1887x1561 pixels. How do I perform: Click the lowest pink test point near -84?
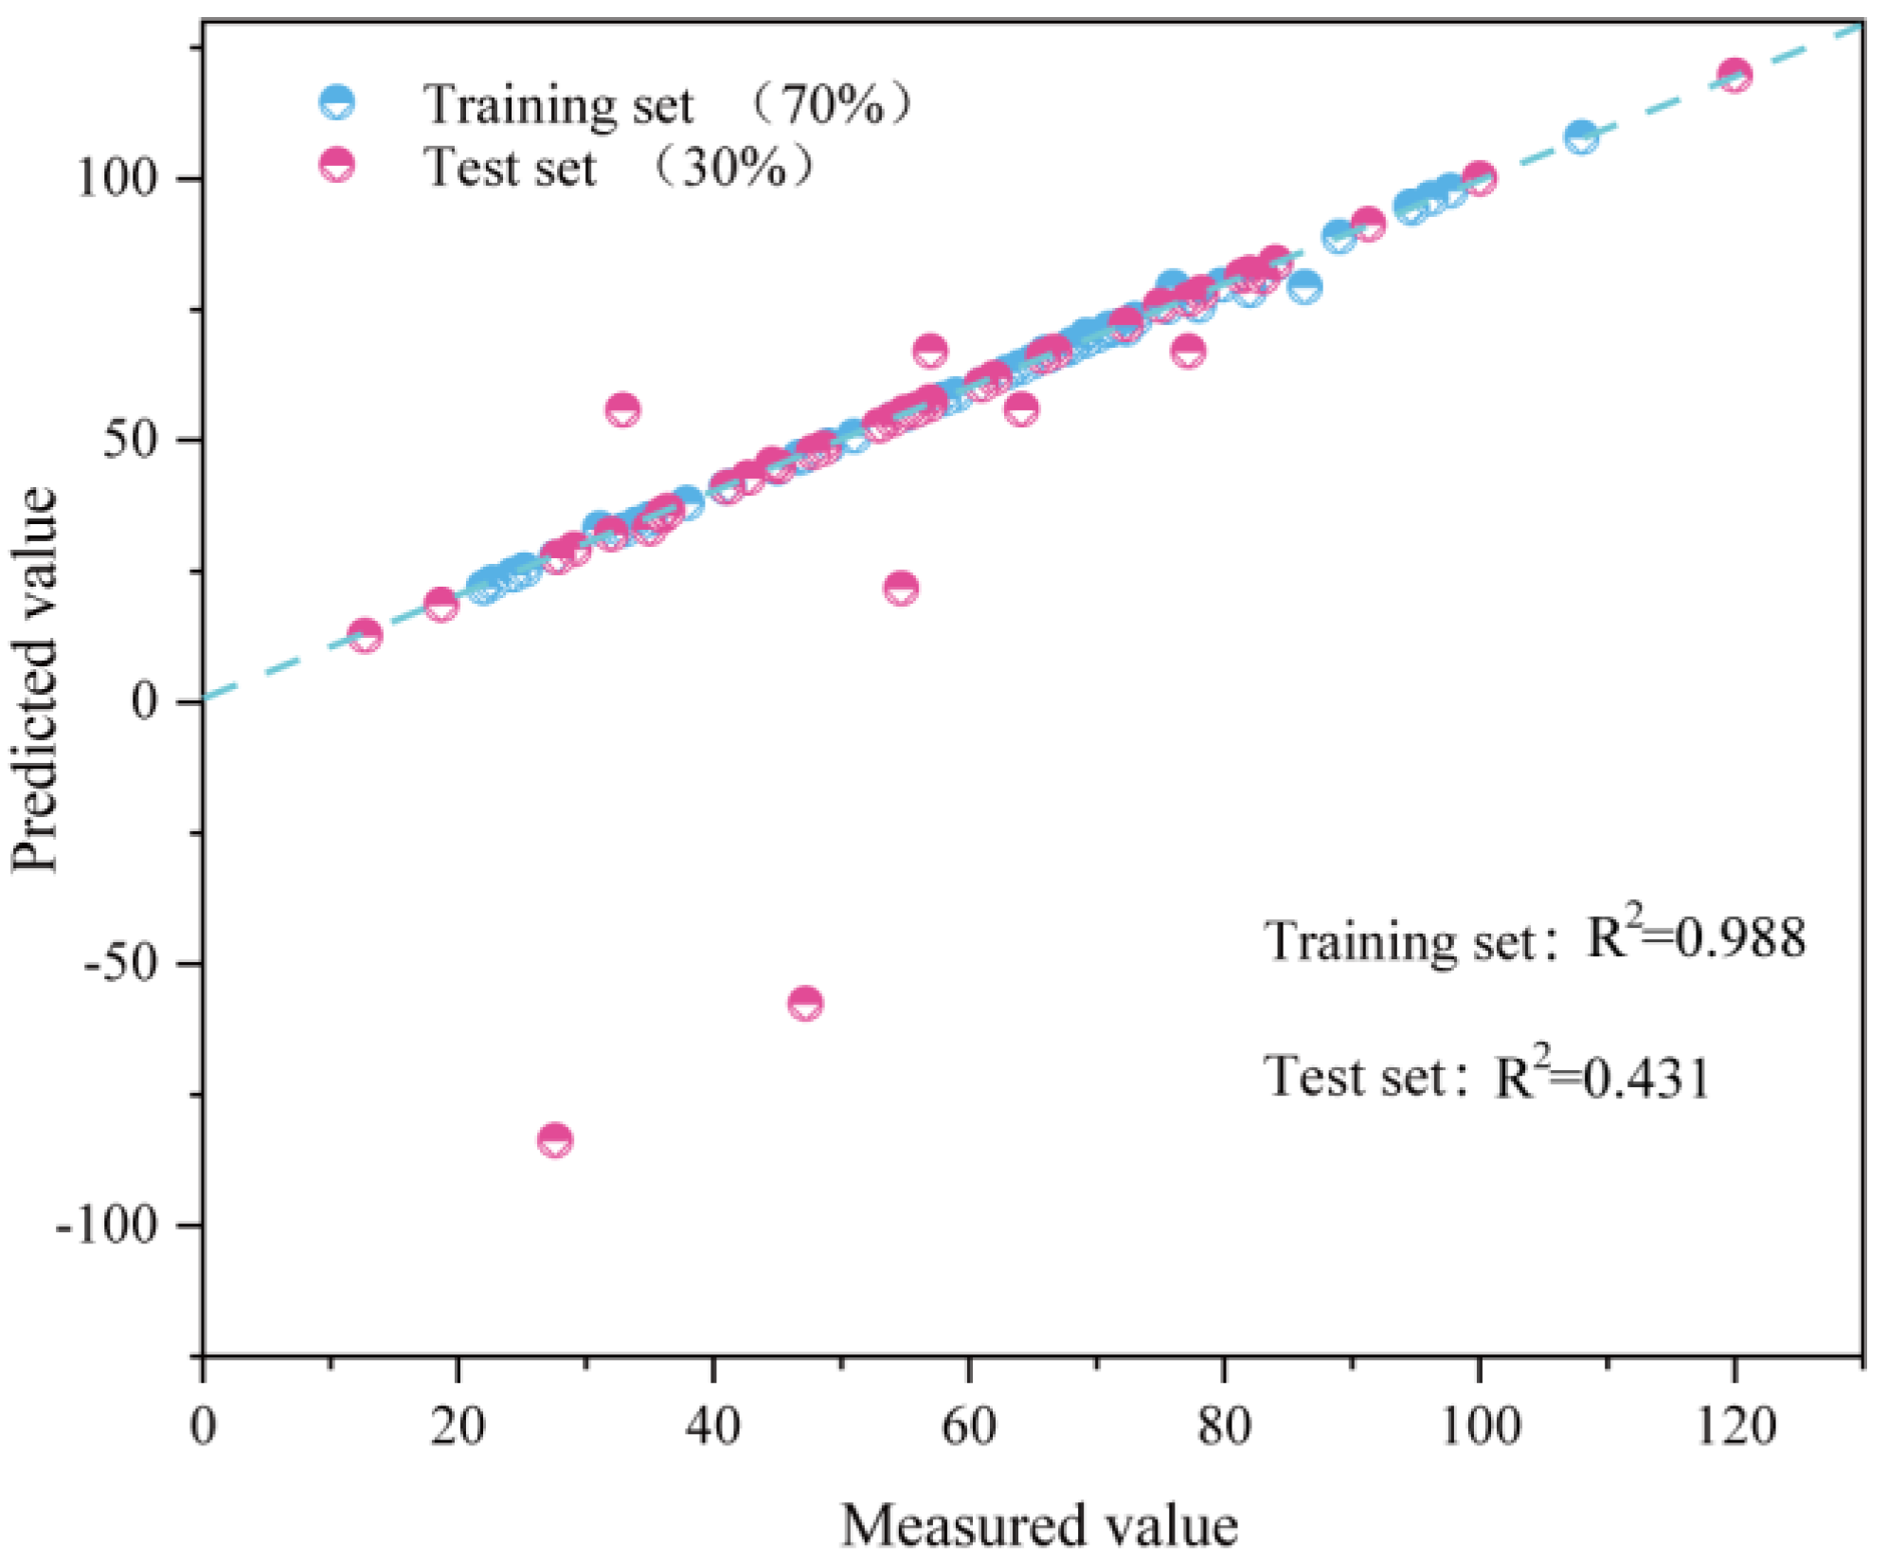555,1139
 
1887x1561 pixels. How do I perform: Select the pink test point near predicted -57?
805,1003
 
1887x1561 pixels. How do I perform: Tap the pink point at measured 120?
1734,75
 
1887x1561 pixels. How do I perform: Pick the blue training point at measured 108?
1580,137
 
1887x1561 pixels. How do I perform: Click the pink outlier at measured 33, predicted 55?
622,409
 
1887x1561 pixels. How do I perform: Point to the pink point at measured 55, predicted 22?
901,588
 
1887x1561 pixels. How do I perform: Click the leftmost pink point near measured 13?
365,635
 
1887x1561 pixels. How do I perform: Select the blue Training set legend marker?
337,102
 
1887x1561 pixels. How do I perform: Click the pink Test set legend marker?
337,165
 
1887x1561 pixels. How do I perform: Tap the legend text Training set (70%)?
663,104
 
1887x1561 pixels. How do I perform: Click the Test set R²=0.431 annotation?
1487,1078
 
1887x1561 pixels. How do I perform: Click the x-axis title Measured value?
1039,1526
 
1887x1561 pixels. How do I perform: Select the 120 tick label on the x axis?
1735,1425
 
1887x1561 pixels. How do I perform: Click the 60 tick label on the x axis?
968,1425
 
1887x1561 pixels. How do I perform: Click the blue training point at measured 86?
1304,287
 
